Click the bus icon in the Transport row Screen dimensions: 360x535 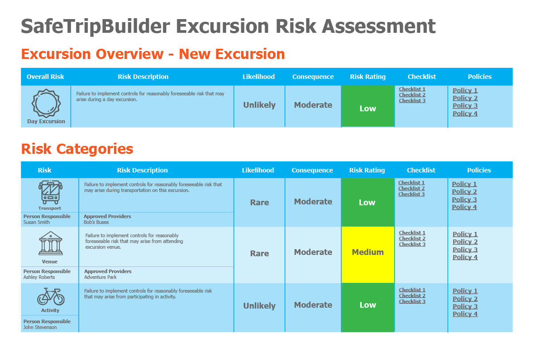point(50,192)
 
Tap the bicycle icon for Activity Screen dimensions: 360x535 point(51,296)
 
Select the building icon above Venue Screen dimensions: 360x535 point(51,243)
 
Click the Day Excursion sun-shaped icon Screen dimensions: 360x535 point(46,103)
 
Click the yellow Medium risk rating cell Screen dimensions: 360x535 point(367,252)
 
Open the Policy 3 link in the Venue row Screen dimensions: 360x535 point(465,250)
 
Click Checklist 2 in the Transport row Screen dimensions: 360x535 point(411,188)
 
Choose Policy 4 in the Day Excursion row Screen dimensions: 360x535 point(465,113)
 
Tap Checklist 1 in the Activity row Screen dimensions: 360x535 point(412,290)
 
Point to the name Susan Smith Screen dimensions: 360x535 point(37,222)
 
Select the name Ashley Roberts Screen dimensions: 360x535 point(39,277)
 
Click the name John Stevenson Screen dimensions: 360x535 point(40,327)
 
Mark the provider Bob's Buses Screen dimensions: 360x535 point(96,222)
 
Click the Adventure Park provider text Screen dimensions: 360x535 point(100,277)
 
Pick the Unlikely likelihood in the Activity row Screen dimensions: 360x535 point(259,306)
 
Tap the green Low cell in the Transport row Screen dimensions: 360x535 point(367,203)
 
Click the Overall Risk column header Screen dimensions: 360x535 point(45,77)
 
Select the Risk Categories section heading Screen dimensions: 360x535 point(77,149)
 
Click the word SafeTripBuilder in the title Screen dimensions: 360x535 point(95,27)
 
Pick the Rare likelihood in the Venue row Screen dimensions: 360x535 point(259,254)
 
